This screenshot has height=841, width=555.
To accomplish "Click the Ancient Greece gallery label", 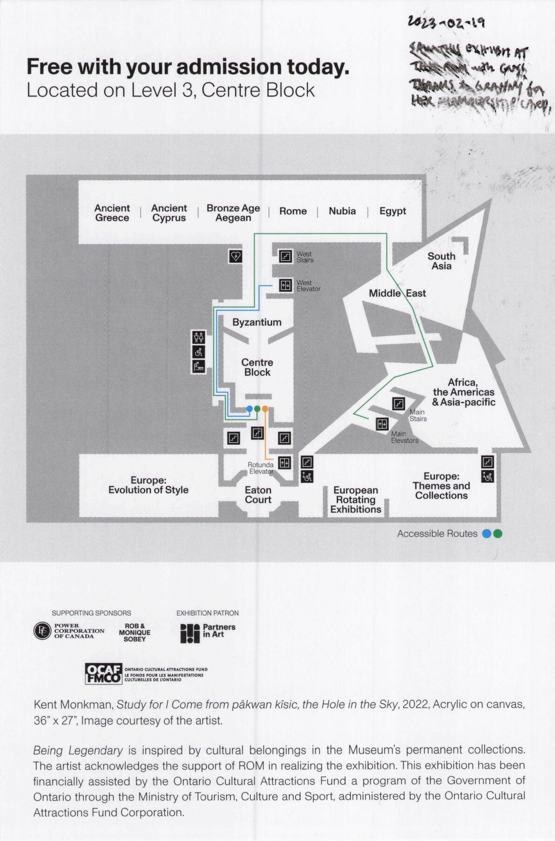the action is click(112, 213).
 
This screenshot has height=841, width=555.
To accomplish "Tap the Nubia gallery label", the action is click(342, 211).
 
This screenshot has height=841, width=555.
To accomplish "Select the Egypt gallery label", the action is click(393, 211).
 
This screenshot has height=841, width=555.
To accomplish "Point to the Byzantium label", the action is click(257, 322).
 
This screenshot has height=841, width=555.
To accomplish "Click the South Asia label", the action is click(441, 261).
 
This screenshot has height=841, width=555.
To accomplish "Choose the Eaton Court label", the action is click(258, 495).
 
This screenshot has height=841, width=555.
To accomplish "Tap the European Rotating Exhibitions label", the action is click(356, 500).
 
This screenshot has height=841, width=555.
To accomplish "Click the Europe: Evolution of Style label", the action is click(149, 485).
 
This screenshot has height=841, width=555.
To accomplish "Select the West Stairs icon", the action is click(285, 256).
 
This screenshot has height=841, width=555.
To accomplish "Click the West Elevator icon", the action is click(285, 285).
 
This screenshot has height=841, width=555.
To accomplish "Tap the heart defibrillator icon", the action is click(236, 256).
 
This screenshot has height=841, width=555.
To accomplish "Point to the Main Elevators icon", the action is click(382, 424).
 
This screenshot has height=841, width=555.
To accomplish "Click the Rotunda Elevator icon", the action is click(284, 463).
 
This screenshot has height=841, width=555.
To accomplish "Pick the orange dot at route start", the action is click(265, 409).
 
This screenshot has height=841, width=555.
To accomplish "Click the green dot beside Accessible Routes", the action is click(498, 534).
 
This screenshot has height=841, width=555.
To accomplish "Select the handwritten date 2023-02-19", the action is click(446, 22).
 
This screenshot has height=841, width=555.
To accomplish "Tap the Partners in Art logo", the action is click(208, 633).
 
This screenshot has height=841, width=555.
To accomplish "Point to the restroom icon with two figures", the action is click(199, 337).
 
